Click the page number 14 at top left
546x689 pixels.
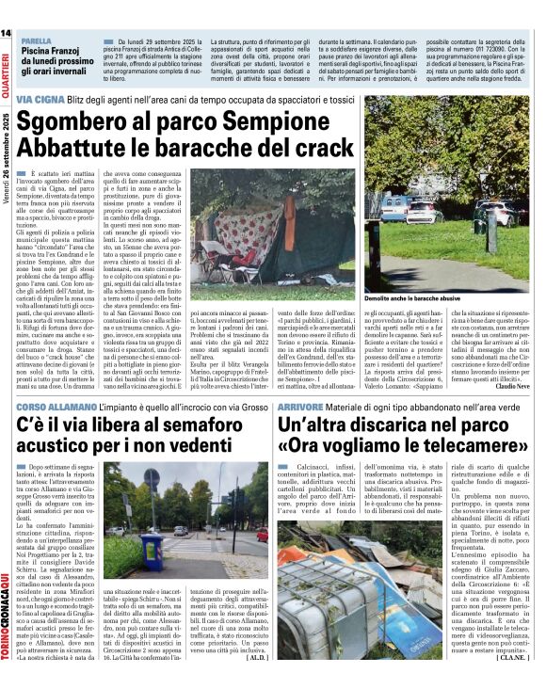pos(7,34)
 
